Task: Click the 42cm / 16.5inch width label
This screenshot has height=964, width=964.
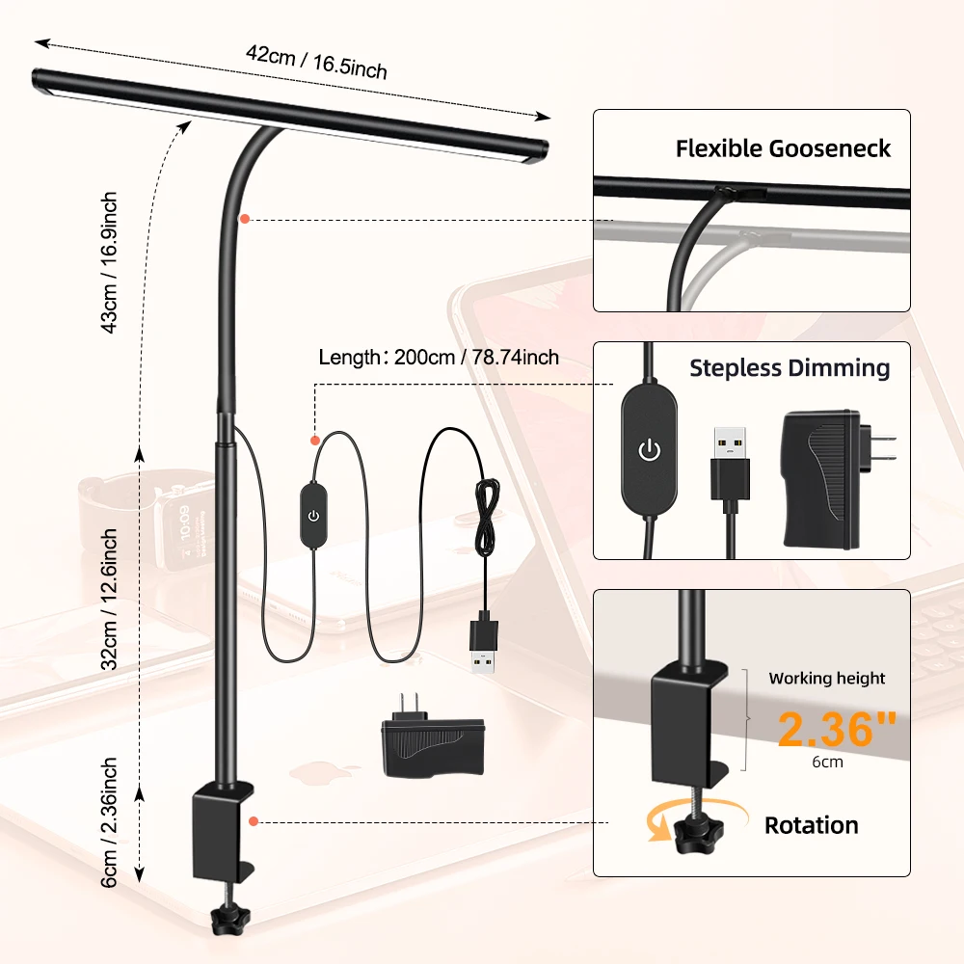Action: pyautogui.click(x=315, y=64)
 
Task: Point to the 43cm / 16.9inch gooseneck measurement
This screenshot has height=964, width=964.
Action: pyautogui.click(x=109, y=262)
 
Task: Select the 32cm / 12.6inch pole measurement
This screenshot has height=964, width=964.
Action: pyautogui.click(x=109, y=598)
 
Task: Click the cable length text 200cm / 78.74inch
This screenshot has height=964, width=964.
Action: pyautogui.click(x=439, y=357)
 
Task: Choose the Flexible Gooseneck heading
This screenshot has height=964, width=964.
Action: pyautogui.click(x=783, y=148)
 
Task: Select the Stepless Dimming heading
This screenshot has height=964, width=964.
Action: pyautogui.click(x=790, y=368)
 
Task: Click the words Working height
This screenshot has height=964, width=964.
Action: pyautogui.click(x=827, y=678)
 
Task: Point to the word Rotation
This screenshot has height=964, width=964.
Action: pyautogui.click(x=811, y=825)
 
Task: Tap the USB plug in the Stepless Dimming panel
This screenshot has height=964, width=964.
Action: pyautogui.click(x=730, y=463)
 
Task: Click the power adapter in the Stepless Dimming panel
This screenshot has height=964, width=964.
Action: pyautogui.click(x=831, y=475)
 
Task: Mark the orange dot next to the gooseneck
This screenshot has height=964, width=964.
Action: pyautogui.click(x=245, y=220)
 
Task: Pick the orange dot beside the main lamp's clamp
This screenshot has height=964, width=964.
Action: pyautogui.click(x=253, y=821)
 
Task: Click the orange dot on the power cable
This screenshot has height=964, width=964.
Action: pyautogui.click(x=314, y=441)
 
